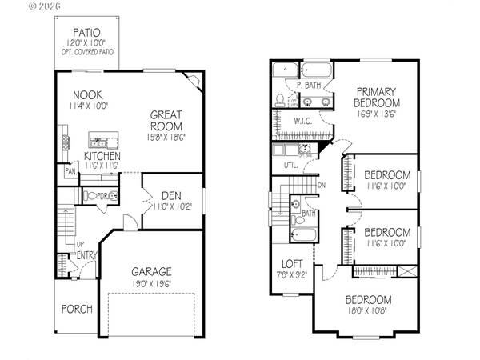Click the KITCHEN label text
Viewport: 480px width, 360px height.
point(102,156)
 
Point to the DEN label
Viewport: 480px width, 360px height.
point(170,195)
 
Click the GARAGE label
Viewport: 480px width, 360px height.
point(150,272)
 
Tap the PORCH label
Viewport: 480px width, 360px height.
point(77,309)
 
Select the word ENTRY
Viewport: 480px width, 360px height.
point(86,256)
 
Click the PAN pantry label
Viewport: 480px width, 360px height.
point(70,171)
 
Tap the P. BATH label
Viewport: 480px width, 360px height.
point(309,85)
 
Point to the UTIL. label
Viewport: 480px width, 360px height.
point(290,166)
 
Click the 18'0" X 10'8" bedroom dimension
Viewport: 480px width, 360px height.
point(368,310)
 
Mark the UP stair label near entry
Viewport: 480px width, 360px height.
point(80,243)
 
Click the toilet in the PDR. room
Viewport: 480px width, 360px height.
point(91,196)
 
